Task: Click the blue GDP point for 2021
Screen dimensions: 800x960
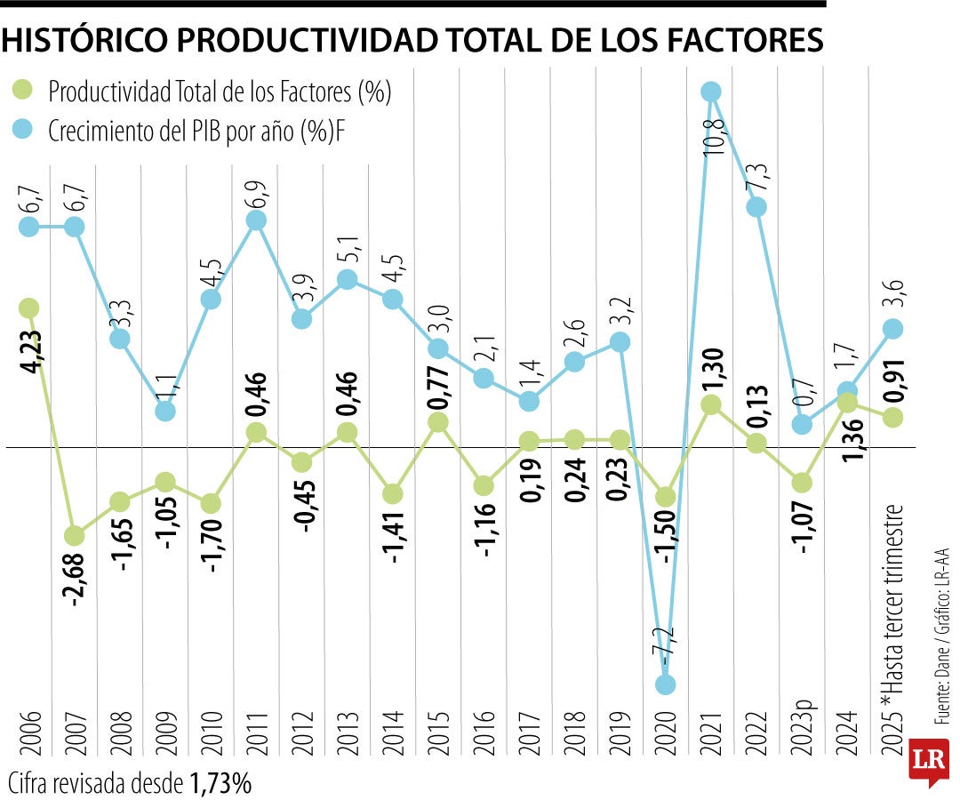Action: (x=710, y=91)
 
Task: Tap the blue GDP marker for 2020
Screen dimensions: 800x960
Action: (x=665, y=684)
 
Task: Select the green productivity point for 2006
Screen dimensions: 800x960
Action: (x=28, y=308)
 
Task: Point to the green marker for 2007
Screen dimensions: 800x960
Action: (x=75, y=535)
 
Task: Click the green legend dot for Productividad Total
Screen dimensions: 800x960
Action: (x=22, y=90)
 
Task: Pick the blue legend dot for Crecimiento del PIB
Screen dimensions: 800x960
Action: (x=22, y=131)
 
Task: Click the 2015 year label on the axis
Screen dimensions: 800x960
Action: (x=438, y=732)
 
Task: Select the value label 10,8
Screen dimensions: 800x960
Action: (x=713, y=138)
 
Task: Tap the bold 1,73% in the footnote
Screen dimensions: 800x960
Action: (x=220, y=783)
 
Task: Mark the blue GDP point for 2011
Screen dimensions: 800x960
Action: (x=256, y=220)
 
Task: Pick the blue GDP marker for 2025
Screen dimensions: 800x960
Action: (x=893, y=328)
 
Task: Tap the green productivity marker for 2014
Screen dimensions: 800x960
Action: (x=392, y=493)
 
